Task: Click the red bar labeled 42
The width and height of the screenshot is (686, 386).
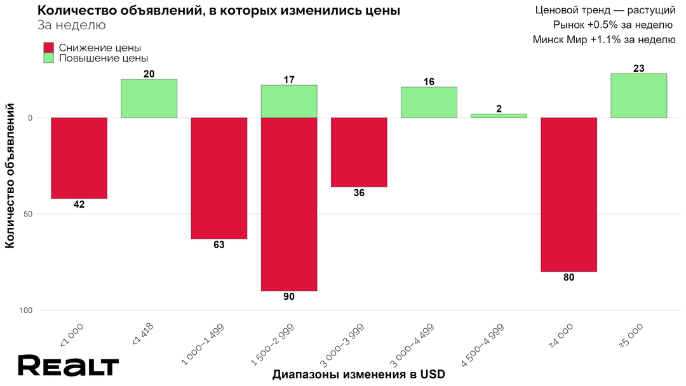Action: point(79,158)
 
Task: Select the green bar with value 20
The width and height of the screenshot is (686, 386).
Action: point(149,98)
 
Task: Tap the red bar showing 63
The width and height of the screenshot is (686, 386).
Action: point(219,178)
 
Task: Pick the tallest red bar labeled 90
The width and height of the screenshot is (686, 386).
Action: point(289,204)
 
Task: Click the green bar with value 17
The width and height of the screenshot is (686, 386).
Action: point(289,102)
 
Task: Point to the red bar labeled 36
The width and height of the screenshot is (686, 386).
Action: point(359,152)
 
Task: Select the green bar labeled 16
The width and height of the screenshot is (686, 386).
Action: point(429,102)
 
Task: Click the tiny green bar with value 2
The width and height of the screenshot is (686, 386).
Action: point(499,116)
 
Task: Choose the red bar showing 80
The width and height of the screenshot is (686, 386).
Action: point(568,194)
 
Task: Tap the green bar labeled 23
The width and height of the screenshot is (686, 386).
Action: point(638,96)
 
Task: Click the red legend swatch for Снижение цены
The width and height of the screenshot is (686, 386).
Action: point(49,48)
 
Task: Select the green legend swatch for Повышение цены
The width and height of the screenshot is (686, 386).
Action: point(49,58)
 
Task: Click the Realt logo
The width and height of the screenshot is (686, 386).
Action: point(68,366)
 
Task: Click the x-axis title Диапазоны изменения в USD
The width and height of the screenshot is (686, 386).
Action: point(358,375)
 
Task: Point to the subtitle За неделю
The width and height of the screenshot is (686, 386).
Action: point(72,25)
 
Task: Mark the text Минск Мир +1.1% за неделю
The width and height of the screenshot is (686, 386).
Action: point(603,39)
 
